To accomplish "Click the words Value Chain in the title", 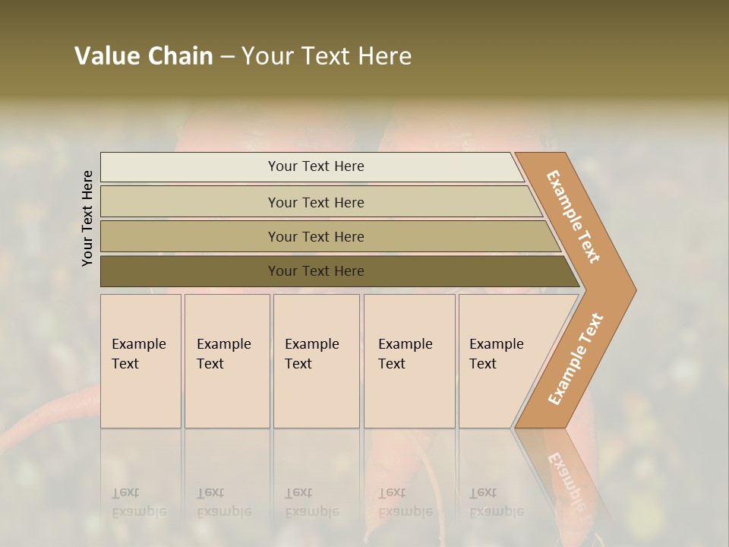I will click(144, 56).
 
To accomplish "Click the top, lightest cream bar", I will click(190, 167).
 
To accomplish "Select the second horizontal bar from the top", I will click(190, 202).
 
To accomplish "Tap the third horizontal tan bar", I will click(190, 236).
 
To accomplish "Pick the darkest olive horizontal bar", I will click(190, 271).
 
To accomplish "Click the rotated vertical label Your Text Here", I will click(87, 218).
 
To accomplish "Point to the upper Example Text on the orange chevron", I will click(573, 217).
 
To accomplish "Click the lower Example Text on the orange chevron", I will click(575, 359).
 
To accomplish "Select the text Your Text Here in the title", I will click(327, 56).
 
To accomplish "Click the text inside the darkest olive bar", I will click(316, 271).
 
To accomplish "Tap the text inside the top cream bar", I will click(316, 166).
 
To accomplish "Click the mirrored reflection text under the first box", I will click(138, 502).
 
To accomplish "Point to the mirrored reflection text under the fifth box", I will click(496, 502).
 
